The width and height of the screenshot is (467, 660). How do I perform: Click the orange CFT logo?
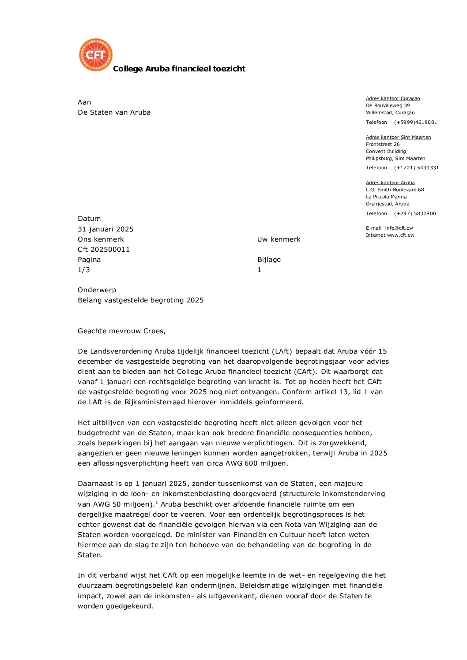point(96,55)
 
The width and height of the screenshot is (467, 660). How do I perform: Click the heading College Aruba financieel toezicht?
point(179,69)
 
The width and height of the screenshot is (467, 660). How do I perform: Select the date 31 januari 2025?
point(105,229)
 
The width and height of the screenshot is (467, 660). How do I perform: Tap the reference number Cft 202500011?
point(104,250)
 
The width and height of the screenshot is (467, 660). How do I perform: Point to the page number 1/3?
point(84,270)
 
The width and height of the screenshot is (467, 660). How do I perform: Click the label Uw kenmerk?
point(279,239)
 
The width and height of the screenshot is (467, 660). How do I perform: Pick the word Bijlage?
point(269,260)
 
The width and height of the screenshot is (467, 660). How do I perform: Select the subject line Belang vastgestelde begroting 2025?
point(140,300)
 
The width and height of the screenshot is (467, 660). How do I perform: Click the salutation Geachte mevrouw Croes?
point(121,331)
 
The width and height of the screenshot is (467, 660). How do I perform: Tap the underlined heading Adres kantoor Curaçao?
point(392,99)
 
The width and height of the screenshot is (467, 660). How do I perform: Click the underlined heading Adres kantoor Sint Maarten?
point(398,137)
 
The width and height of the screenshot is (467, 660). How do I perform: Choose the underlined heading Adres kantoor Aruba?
point(390,183)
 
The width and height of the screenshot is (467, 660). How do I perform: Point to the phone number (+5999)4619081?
point(415,123)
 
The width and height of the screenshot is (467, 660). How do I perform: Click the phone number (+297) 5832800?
point(414,214)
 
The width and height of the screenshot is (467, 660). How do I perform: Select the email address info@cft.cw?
point(399,228)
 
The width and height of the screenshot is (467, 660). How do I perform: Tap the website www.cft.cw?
point(400,235)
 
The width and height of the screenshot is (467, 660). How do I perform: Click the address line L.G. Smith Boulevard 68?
point(395,190)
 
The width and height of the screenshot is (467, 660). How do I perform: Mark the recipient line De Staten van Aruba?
point(114,112)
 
